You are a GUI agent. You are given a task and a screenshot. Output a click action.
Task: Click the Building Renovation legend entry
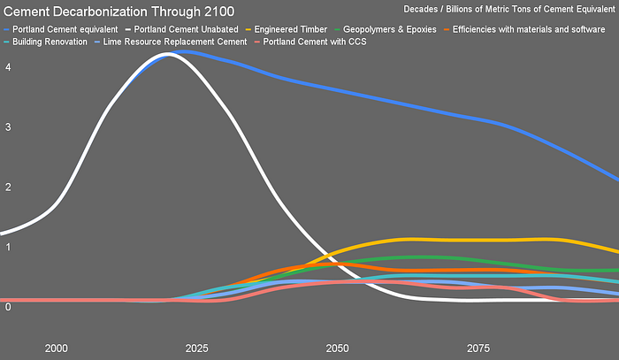tap(50, 42)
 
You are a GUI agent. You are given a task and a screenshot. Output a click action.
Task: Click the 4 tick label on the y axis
tap(8, 68)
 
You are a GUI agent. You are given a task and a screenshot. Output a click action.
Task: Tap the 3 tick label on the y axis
tap(8, 127)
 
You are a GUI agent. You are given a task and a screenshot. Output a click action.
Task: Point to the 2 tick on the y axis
tap(8, 188)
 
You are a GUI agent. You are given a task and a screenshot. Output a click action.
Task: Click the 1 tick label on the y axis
tap(8, 247)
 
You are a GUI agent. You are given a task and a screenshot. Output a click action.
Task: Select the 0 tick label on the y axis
tap(8, 307)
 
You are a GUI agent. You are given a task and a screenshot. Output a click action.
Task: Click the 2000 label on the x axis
tap(56, 348)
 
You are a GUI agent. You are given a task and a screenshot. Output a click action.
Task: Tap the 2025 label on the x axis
tap(196, 348)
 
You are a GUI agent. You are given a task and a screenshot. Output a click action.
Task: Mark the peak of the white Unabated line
tap(167, 54)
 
